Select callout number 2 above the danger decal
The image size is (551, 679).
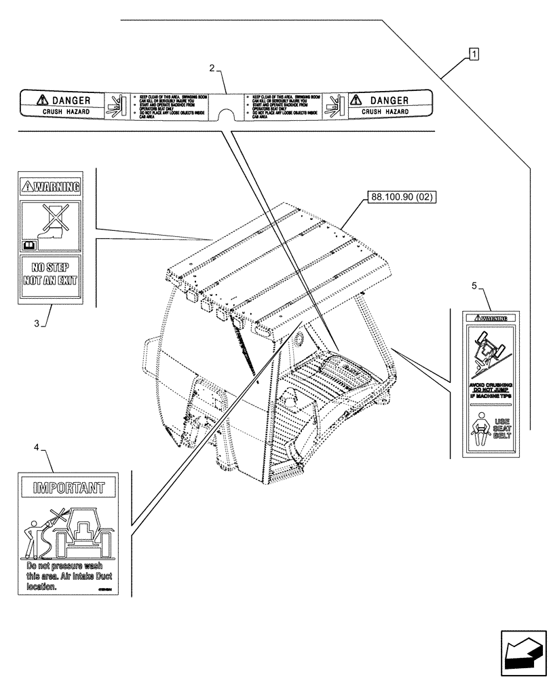tap(212, 69)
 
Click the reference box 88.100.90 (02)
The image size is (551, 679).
tap(401, 198)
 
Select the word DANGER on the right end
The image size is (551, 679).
tap(383, 100)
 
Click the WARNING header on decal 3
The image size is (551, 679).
tap(50, 185)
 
